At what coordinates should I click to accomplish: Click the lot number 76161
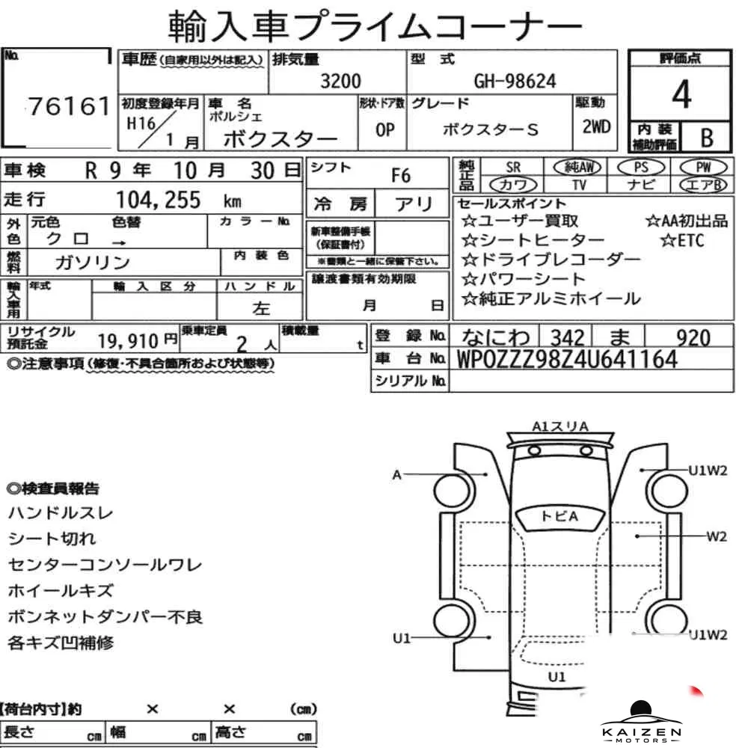(69, 106)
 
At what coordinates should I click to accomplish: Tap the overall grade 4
(681, 94)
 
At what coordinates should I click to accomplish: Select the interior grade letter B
(707, 138)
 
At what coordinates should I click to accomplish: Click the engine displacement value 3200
(340, 81)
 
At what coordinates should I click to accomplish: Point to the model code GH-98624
(515, 81)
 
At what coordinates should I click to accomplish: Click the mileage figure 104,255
(159, 200)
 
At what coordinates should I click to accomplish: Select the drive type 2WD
(596, 127)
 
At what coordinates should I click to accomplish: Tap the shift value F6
(401, 176)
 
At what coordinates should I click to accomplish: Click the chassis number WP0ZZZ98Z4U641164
(567, 359)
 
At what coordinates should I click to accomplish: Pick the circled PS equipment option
(641, 168)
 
